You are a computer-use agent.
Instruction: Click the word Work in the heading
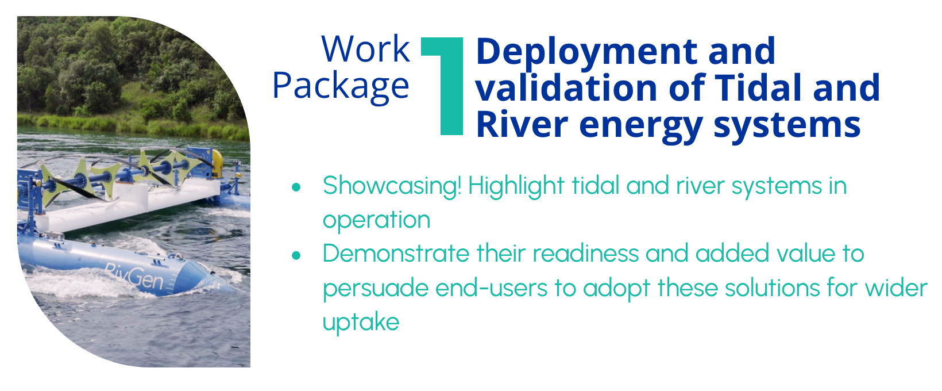point(365,49)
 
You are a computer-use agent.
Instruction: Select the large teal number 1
point(442,86)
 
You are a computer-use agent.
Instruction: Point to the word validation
point(566,88)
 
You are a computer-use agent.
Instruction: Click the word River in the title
point(522,125)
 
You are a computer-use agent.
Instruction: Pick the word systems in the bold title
point(787,126)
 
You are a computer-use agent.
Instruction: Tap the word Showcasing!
point(392,186)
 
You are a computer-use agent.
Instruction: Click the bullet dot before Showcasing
point(296,187)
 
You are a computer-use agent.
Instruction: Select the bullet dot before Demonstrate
point(296,255)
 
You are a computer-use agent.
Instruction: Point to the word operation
point(377,221)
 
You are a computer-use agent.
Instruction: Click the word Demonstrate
point(396,254)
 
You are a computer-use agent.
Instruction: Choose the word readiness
point(586,254)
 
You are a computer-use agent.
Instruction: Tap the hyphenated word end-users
point(491,288)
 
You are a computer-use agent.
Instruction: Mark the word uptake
point(361,323)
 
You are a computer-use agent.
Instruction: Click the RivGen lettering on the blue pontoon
point(134,276)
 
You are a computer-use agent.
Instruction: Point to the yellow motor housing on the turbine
point(217,162)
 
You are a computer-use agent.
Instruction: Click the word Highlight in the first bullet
point(516,186)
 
